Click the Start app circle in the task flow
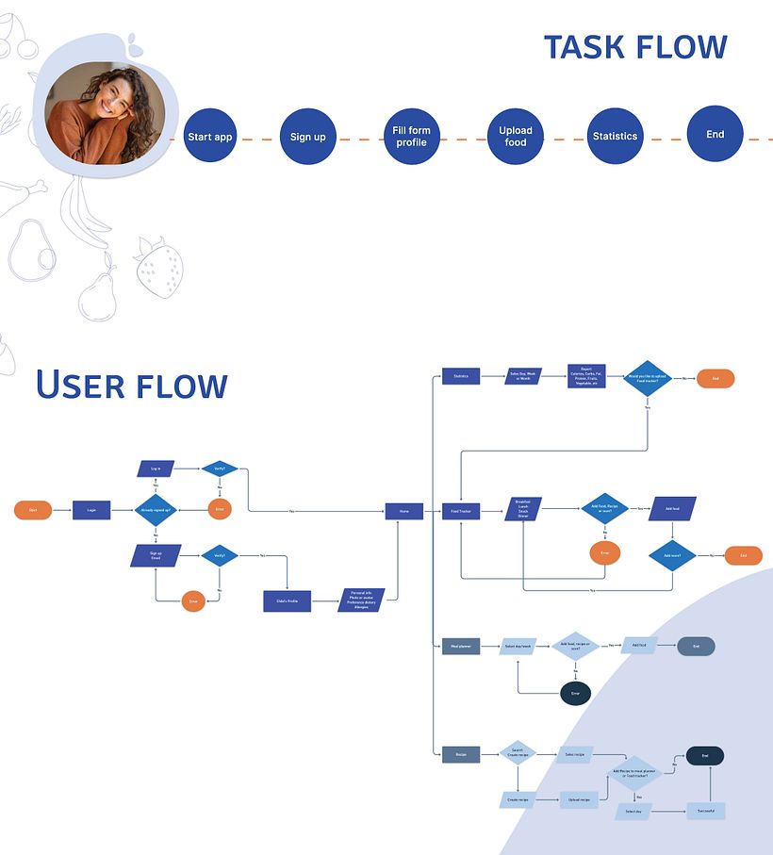coord(209,137)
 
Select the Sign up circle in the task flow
coord(307,137)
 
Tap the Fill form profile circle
coord(411,137)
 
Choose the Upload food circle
coord(516,137)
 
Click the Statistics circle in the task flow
coord(615,137)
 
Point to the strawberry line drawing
coord(158,268)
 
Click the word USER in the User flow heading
coord(79,386)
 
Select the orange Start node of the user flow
coord(33,510)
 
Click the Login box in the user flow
coord(91,510)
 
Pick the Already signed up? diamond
coord(156,510)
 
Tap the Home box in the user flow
coord(403,511)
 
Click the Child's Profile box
coord(287,600)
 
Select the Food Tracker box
coord(461,511)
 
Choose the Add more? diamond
coord(672,555)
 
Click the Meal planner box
coord(461,646)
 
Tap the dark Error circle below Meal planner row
coord(575,693)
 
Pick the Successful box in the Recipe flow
coord(705,810)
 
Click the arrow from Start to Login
coord(61,510)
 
